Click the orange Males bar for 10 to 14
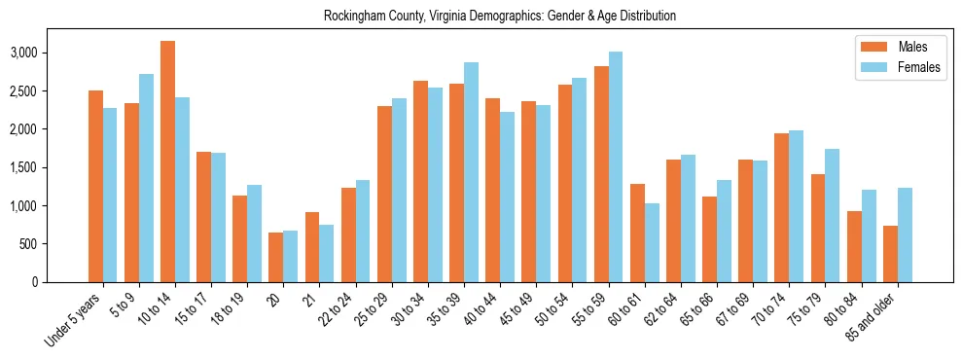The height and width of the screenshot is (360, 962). [167, 162]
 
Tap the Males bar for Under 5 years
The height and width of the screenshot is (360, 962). [95, 186]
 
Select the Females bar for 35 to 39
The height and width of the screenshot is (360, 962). [471, 172]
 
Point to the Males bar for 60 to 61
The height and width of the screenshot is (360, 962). [637, 233]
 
